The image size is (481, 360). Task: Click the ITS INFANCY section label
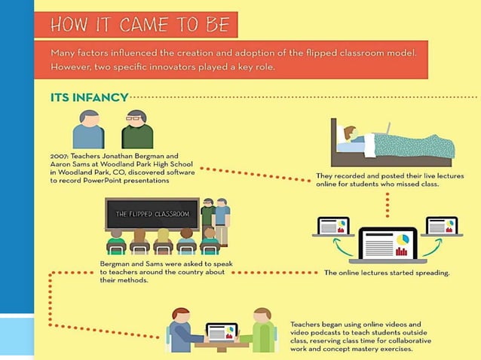[x=88, y=97]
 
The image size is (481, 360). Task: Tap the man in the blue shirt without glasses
[x=89, y=130]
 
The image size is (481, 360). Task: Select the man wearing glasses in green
[x=137, y=130]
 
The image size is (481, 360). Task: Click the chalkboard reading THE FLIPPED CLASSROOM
[x=152, y=214]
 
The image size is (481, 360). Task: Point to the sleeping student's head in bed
[x=349, y=133]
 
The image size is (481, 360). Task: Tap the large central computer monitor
[x=388, y=246]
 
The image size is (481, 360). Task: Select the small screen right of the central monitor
[x=442, y=225]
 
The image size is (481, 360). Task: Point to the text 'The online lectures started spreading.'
[x=387, y=273]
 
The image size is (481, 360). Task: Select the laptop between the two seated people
[x=222, y=331]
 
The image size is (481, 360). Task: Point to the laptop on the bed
[x=382, y=128]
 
